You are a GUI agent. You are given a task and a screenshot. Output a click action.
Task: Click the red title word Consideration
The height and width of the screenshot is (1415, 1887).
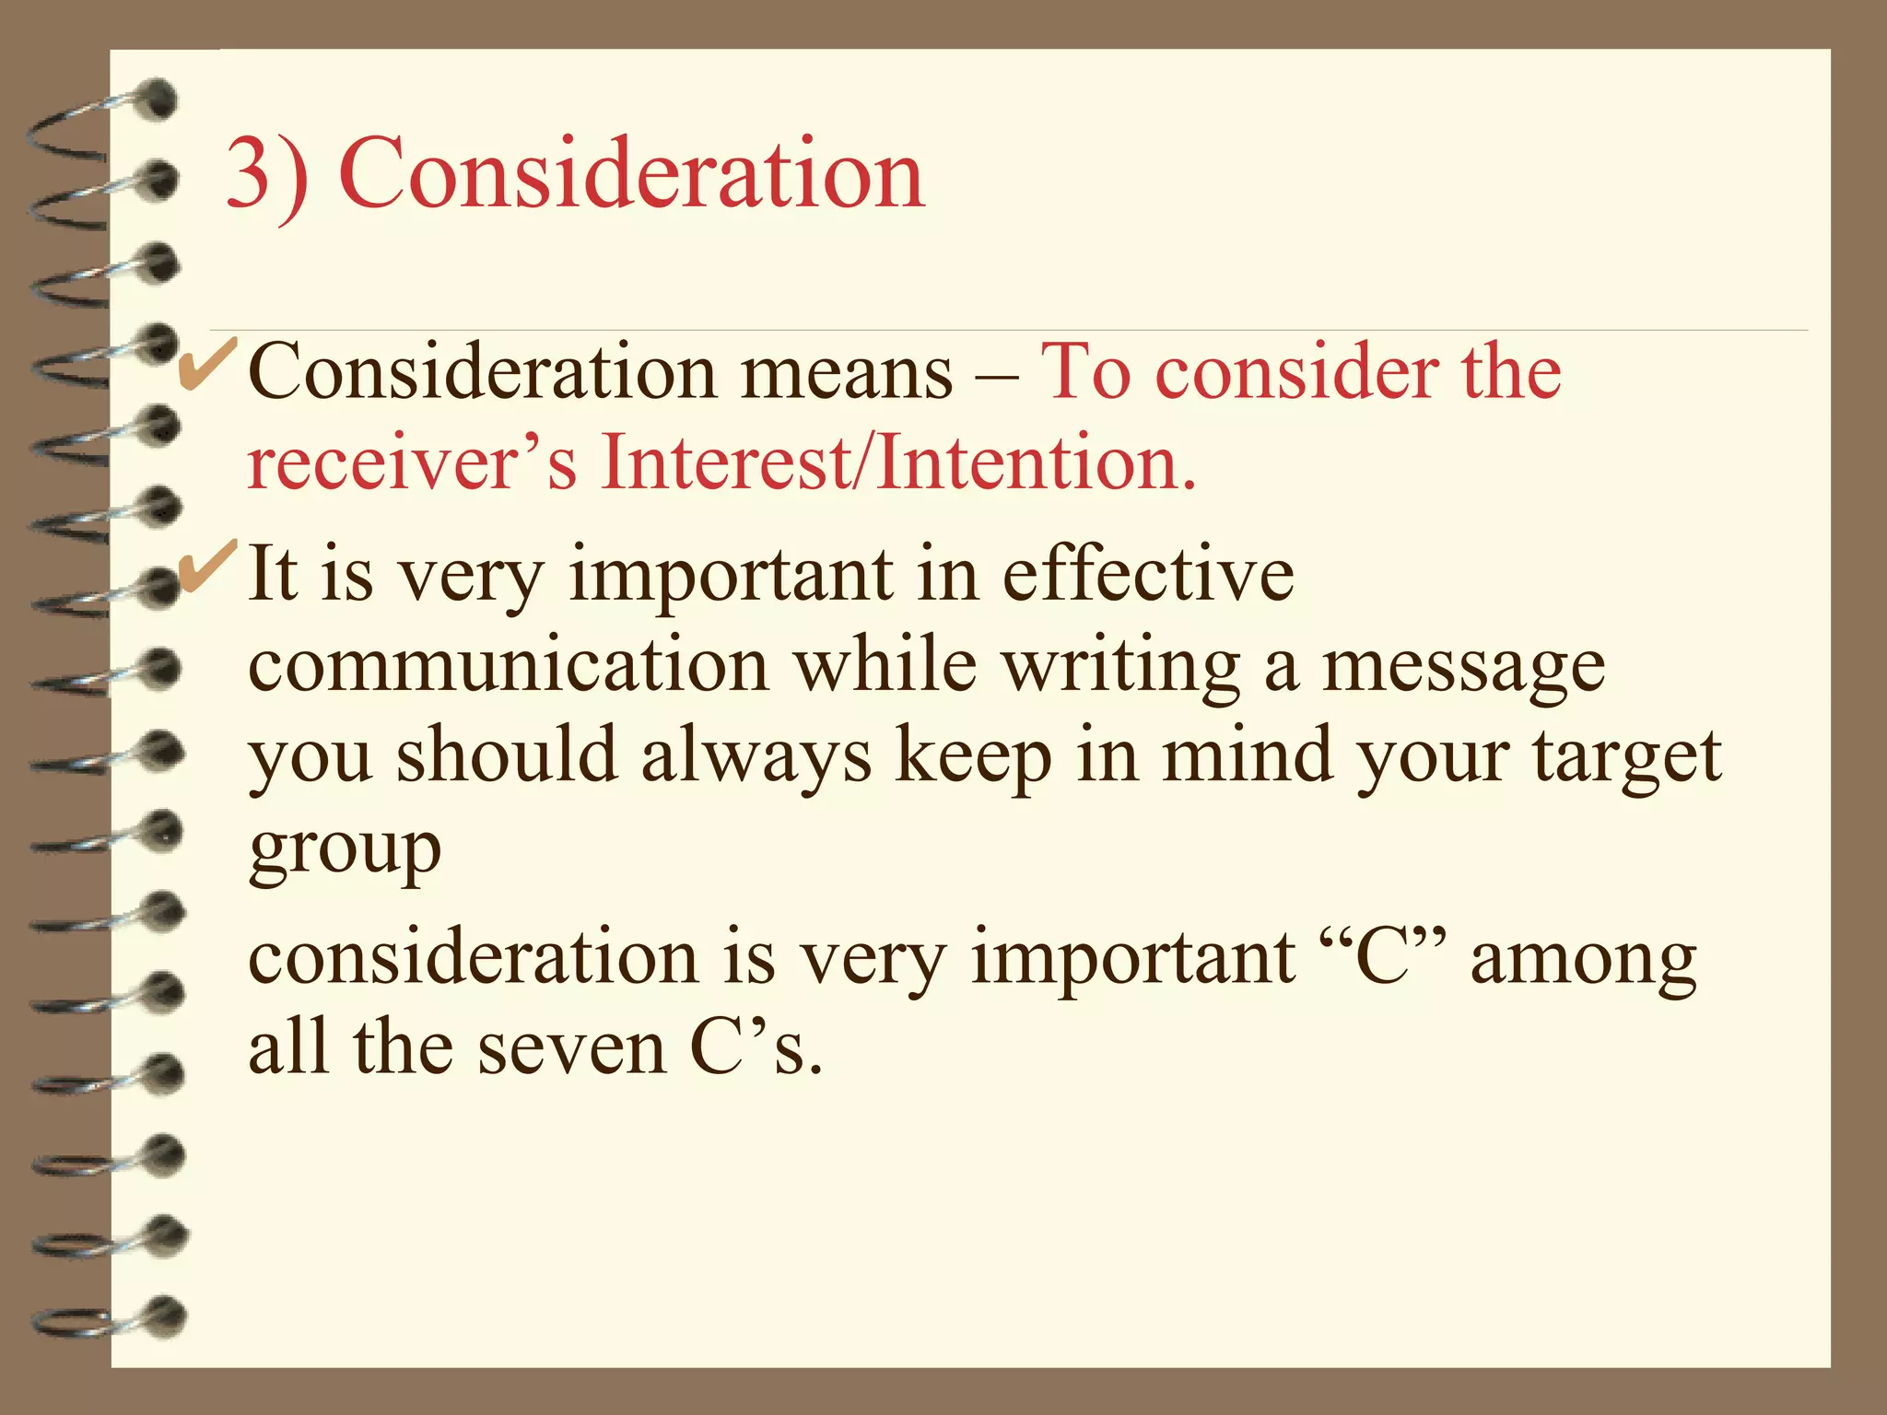[631, 173]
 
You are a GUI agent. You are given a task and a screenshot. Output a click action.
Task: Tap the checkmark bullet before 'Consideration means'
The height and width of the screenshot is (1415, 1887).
[208, 367]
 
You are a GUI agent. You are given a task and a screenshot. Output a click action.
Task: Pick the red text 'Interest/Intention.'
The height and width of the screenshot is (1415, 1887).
[898, 462]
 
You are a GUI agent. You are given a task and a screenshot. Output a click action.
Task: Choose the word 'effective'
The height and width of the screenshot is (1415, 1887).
[1148, 573]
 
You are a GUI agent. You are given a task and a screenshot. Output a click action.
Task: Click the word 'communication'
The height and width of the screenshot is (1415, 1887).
[509, 665]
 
